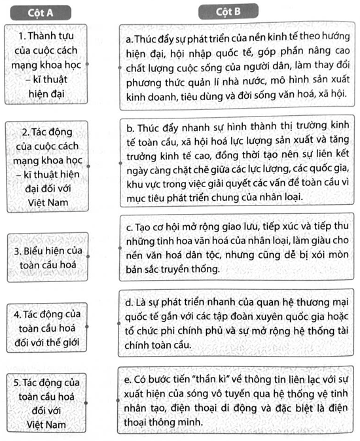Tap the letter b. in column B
128,126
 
